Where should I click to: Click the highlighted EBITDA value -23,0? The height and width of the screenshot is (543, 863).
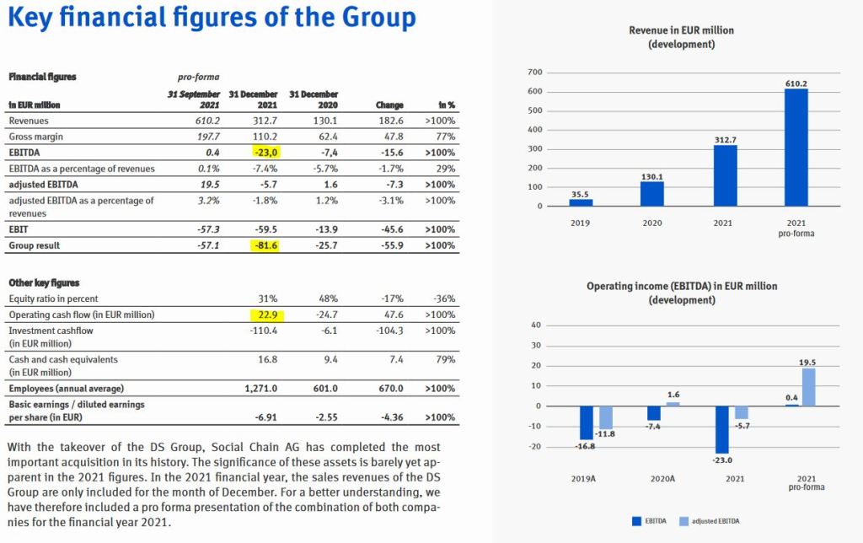[266, 153]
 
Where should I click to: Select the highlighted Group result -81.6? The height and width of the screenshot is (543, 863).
[266, 245]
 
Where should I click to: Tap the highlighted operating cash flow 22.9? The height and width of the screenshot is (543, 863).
[266, 315]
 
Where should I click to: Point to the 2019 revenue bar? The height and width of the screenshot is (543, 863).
[580, 202]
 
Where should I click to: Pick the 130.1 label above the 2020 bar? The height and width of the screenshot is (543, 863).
[651, 176]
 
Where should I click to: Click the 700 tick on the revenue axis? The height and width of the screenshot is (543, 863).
[534, 73]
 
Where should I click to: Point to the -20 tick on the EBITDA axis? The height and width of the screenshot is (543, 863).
[535, 446]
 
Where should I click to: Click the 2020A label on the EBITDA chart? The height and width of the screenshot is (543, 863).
[651, 479]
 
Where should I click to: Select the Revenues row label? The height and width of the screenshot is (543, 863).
[29, 121]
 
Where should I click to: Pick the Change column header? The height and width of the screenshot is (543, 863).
[389, 105]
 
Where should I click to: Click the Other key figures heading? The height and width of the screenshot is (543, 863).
[44, 282]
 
